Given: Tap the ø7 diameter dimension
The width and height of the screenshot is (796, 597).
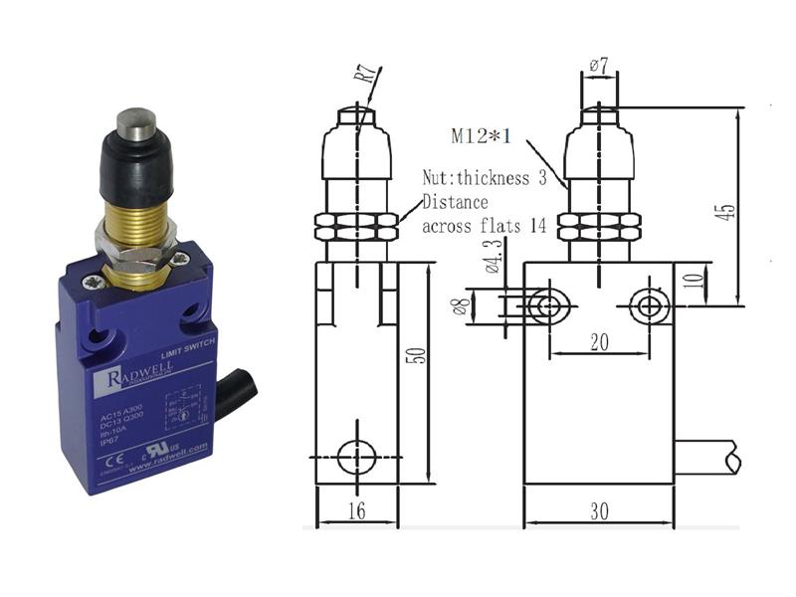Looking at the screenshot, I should click(x=598, y=66).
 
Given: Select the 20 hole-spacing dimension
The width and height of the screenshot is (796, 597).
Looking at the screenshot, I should click(x=599, y=341).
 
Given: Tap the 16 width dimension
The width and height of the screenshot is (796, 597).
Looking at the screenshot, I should click(x=356, y=510).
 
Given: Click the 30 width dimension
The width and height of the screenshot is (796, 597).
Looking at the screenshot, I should click(x=599, y=510).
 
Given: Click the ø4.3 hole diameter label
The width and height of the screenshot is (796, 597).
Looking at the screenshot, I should click(x=492, y=264).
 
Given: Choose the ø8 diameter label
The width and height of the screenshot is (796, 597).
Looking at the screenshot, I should click(x=461, y=305).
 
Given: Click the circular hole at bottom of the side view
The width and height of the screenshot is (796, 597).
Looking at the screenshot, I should click(x=356, y=457).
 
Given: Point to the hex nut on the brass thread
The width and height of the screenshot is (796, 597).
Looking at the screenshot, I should click(x=135, y=239).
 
